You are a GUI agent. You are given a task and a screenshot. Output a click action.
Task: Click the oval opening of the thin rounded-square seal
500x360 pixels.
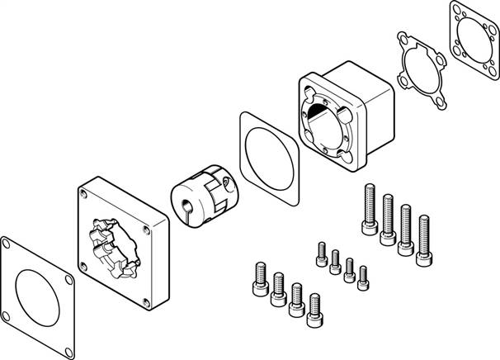(x=268, y=157)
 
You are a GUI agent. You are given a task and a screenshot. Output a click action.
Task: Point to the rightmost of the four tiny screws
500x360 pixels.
(x=361, y=277)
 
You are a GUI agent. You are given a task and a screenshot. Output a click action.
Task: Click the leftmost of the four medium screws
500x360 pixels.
(x=257, y=279)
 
